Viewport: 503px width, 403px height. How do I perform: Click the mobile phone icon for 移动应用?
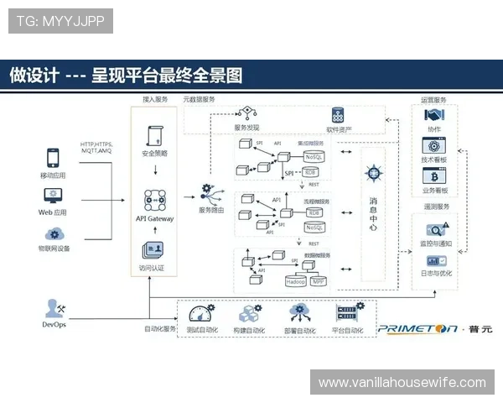tap(54, 158)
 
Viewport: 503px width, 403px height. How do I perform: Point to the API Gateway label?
tap(154, 218)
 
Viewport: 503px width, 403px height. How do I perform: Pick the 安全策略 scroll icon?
tap(154, 136)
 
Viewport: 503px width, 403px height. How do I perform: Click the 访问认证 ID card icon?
tap(153, 251)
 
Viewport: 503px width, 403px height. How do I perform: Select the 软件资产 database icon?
tap(339, 115)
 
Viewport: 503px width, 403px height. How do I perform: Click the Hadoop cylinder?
tap(296, 282)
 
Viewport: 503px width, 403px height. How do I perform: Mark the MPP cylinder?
tap(319, 282)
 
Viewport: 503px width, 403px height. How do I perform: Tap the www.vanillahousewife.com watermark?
tap(402, 383)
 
